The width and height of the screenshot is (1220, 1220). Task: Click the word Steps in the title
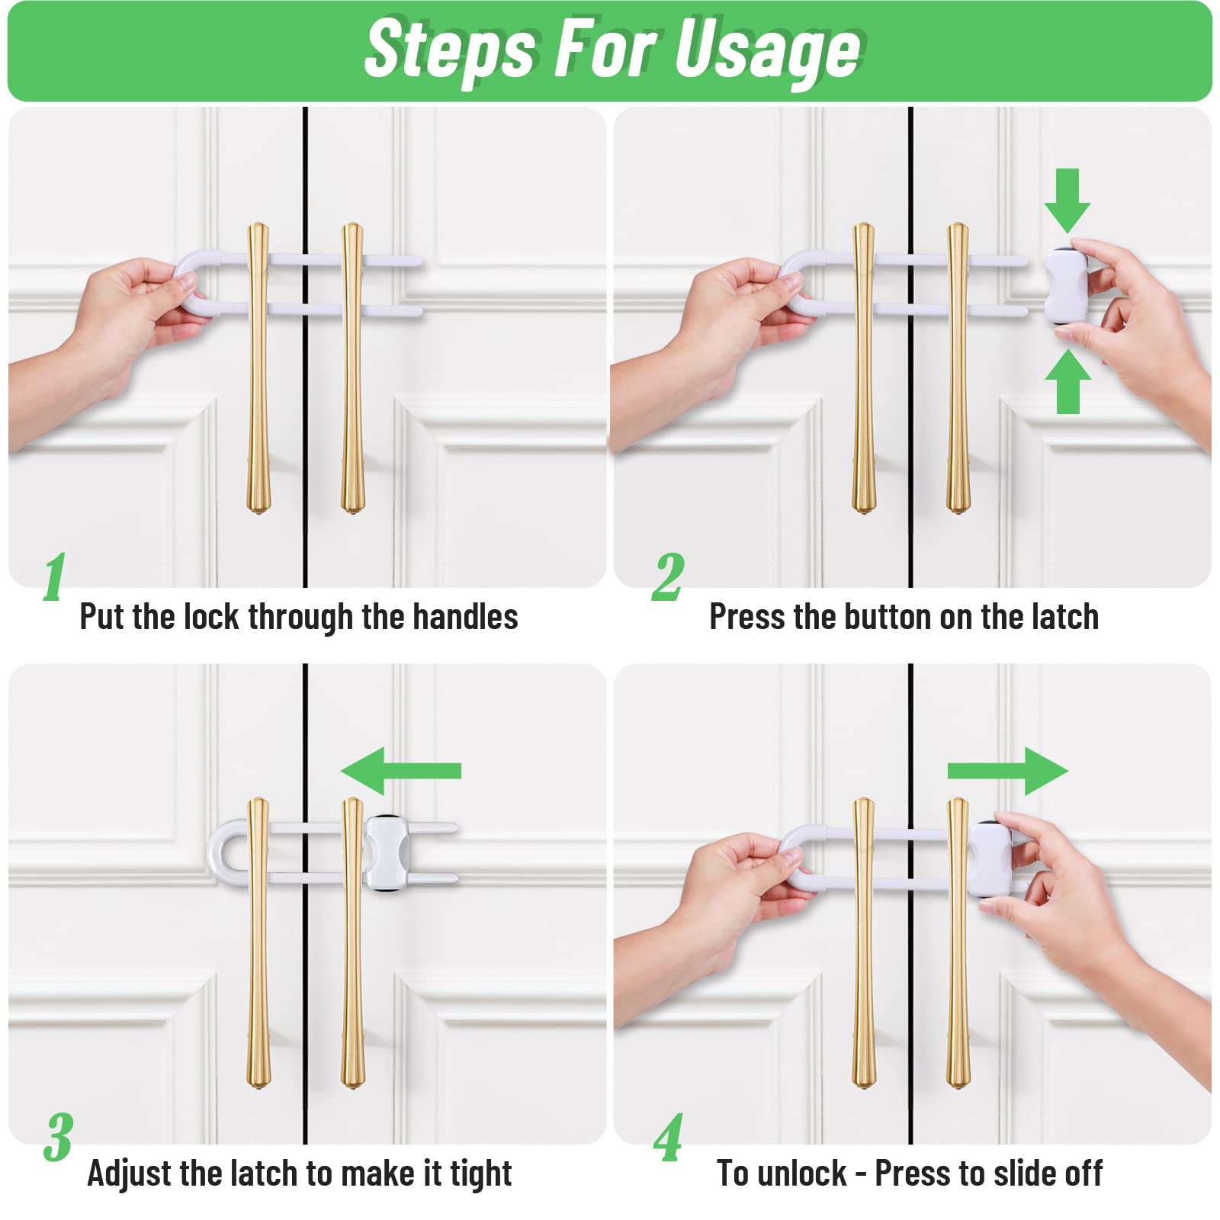click(x=450, y=50)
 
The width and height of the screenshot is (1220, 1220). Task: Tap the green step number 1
click(x=54, y=577)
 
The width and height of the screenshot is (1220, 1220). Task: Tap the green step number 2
click(x=668, y=577)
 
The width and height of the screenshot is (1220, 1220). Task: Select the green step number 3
click(x=58, y=1137)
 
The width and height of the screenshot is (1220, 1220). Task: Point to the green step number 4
click(x=669, y=1137)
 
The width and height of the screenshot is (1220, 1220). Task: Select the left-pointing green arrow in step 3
click(x=400, y=771)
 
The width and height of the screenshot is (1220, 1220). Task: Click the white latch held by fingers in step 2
click(x=1066, y=286)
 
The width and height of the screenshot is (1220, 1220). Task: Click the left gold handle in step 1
click(x=258, y=366)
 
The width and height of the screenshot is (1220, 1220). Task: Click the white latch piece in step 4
click(x=990, y=859)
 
